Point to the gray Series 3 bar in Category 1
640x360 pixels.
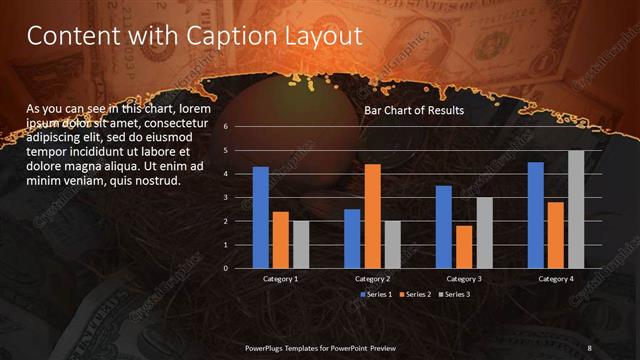pyautogui.click(x=300, y=244)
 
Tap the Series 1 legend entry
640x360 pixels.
pyautogui.click(x=376, y=295)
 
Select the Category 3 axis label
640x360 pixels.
pyautogui.click(x=463, y=278)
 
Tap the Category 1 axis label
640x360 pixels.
pyautogui.click(x=280, y=278)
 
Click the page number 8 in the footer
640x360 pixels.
pyautogui.click(x=590, y=347)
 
